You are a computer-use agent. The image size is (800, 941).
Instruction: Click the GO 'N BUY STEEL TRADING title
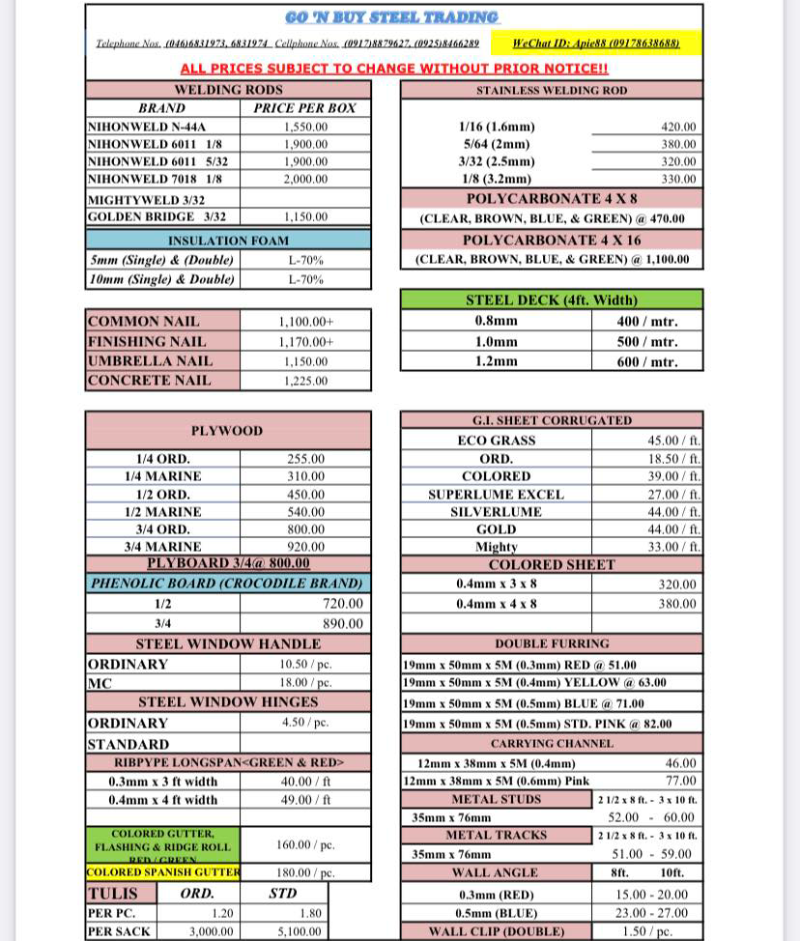point(392,18)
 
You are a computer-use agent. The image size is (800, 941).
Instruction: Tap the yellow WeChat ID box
point(595,43)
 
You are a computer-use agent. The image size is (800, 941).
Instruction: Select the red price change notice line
point(394,69)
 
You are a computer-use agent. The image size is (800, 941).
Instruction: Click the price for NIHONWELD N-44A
point(305,127)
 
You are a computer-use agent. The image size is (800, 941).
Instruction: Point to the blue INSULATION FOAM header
point(228,241)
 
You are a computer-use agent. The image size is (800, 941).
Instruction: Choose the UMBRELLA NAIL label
point(150,360)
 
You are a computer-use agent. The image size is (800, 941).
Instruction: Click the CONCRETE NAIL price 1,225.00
point(305,381)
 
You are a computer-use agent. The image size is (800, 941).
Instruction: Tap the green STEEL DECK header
point(551,300)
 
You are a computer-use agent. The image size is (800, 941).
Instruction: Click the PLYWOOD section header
point(227,431)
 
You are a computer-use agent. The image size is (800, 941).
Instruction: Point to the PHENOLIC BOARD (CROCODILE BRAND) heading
point(227,584)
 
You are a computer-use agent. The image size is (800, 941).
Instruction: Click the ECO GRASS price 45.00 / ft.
point(672,441)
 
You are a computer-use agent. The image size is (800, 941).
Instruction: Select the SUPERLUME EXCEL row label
point(496,494)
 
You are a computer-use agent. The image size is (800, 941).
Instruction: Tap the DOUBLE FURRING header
point(552,643)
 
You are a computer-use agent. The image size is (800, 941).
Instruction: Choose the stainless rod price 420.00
point(678,127)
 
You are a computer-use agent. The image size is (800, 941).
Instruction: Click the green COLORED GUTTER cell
point(162,843)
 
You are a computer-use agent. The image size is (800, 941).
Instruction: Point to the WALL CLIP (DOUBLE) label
point(496,931)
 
